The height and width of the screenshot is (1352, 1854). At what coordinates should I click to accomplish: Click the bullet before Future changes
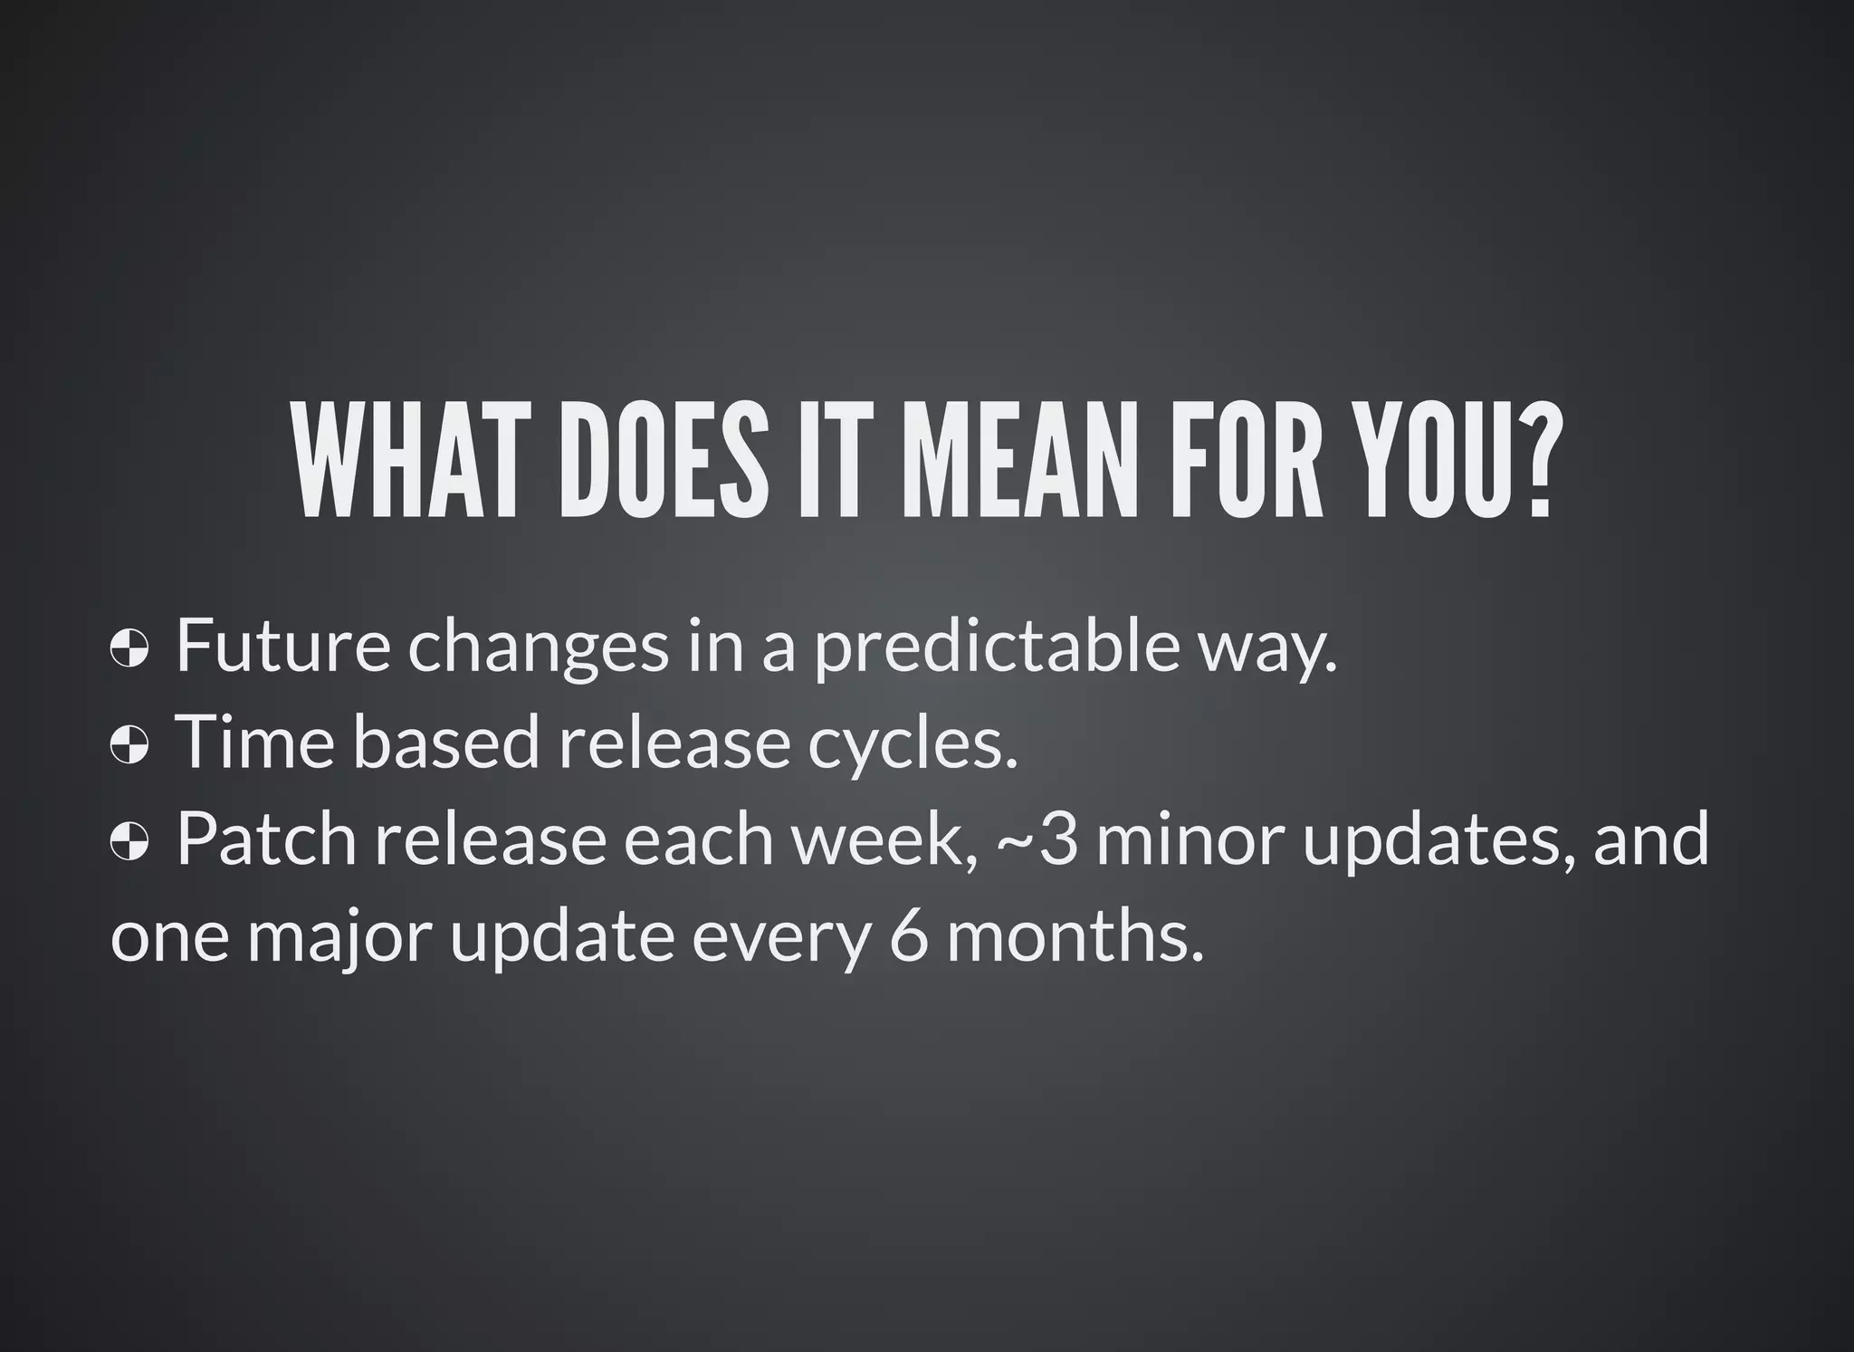click(129, 650)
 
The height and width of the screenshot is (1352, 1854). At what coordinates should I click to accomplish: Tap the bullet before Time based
click(129, 748)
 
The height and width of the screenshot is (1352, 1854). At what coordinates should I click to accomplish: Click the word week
click(887, 840)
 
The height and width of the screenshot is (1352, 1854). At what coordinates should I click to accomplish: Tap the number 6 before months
click(909, 938)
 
